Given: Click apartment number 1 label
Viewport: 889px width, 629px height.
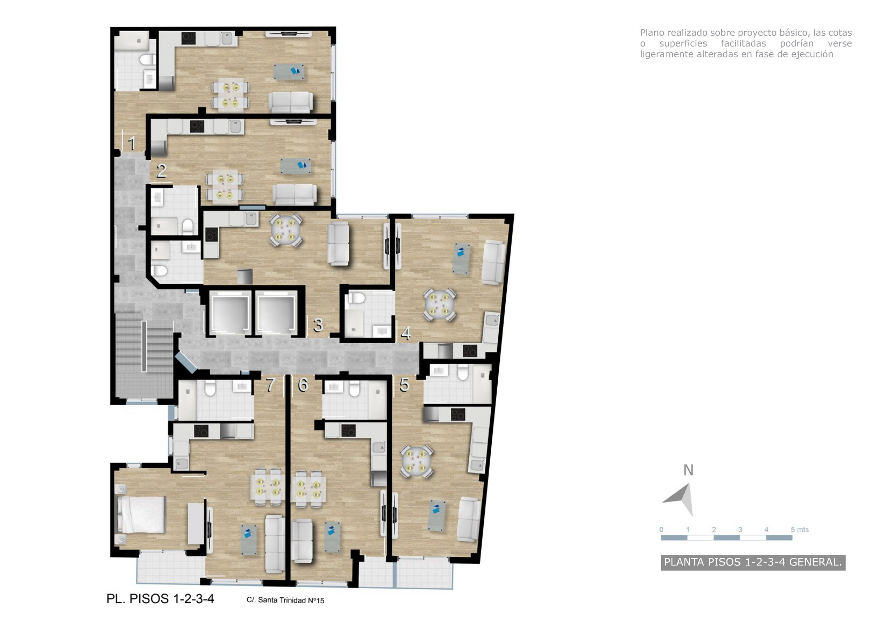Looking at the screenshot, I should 132,144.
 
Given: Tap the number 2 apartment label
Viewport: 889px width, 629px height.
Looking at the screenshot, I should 161,171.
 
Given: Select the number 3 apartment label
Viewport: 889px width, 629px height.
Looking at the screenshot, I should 318,325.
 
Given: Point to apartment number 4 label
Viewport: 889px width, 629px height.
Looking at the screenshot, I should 405,333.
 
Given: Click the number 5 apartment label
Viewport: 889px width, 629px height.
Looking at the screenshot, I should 404,385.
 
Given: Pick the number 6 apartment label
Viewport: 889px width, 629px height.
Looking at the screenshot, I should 303,385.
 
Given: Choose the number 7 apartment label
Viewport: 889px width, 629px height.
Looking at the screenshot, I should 271,385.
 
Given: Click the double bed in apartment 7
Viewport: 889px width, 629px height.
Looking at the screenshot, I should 141,515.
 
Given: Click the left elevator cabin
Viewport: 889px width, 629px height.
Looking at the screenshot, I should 229,313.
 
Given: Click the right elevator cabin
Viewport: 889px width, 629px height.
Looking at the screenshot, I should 275,313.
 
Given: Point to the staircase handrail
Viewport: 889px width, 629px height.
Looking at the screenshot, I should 144,346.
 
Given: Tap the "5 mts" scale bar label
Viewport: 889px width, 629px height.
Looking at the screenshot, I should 799,529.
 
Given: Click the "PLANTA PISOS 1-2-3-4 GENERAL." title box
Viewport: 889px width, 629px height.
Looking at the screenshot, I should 753,562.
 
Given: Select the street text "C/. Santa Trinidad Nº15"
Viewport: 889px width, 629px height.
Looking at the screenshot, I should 285,600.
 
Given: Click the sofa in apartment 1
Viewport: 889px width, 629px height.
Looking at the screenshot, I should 290,102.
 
